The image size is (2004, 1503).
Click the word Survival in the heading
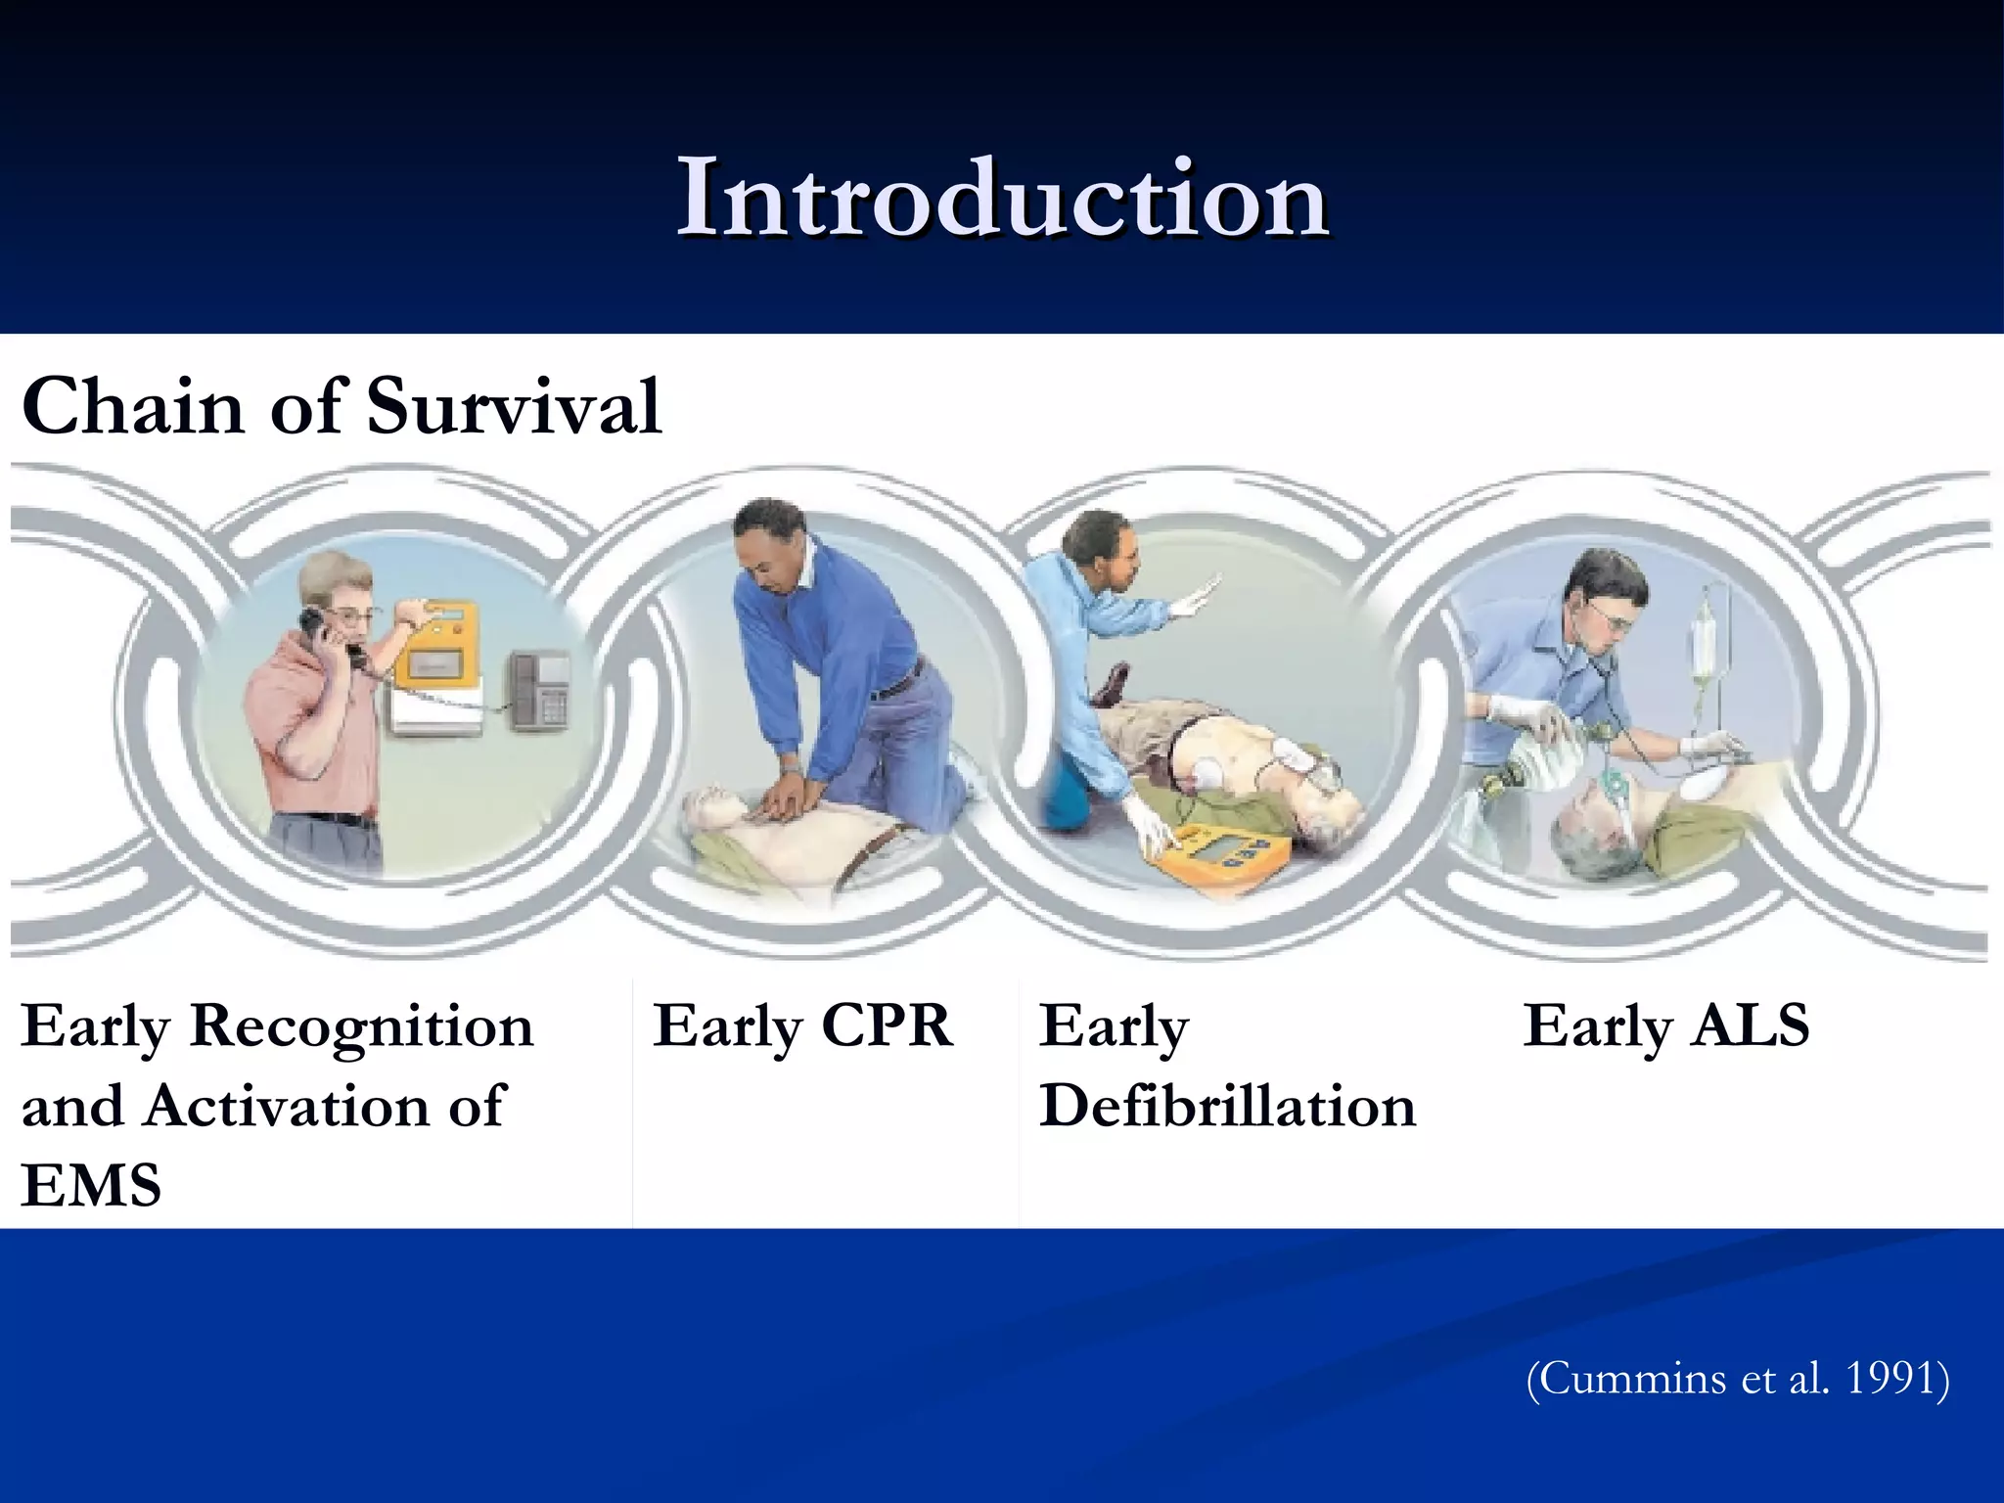(514, 406)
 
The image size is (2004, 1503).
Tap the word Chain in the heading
(132, 406)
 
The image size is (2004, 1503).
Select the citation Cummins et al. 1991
(1738, 1379)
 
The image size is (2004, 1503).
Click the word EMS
(91, 1185)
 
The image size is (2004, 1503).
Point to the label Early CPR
(802, 1026)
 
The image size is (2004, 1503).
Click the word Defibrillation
(1227, 1107)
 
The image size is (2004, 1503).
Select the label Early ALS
(1665, 1026)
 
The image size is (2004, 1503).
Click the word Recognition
(361, 1026)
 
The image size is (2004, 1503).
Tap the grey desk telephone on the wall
(537, 690)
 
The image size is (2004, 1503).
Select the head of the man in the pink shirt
(338, 597)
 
